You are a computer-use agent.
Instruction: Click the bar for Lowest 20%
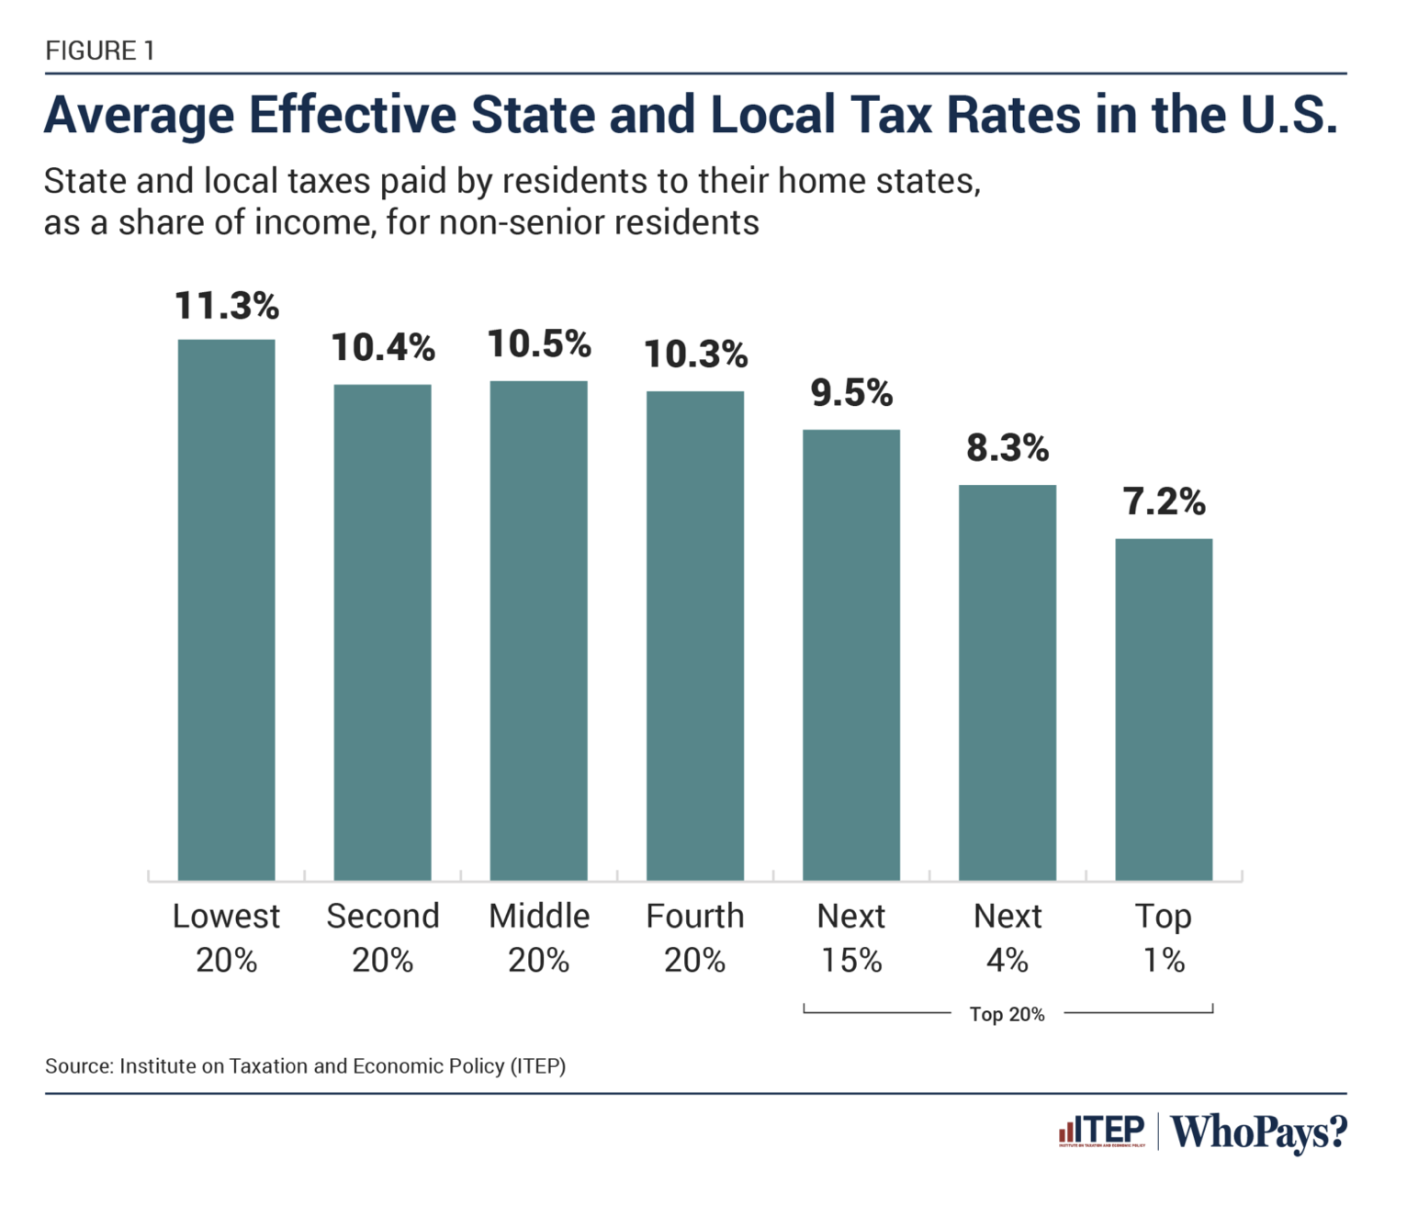pyautogui.click(x=226, y=610)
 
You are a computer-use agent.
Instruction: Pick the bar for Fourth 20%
pyautogui.click(x=694, y=636)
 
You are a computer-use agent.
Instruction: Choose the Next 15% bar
pyautogui.click(x=851, y=655)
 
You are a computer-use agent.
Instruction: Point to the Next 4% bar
pyautogui.click(x=1007, y=682)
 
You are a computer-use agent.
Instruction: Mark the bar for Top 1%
pyautogui.click(x=1164, y=709)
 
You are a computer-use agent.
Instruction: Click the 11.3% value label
pyautogui.click(x=226, y=306)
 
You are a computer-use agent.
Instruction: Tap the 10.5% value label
pyautogui.click(x=538, y=344)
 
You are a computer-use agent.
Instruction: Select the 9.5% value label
pyautogui.click(x=851, y=393)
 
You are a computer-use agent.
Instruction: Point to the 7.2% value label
pyautogui.click(x=1164, y=502)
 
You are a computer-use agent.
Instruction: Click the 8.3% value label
pyautogui.click(x=1007, y=448)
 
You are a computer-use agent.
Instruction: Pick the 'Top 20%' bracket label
pyautogui.click(x=1007, y=1014)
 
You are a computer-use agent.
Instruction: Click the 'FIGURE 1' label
pyautogui.click(x=100, y=51)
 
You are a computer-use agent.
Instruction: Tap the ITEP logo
pyautogui.click(x=1101, y=1131)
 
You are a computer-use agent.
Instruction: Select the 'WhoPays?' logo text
pyautogui.click(x=1258, y=1132)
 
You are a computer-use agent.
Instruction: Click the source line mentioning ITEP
pyautogui.click(x=305, y=1066)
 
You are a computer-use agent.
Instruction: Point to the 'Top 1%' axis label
pyautogui.click(x=1164, y=938)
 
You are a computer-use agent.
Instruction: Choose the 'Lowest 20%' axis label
pyautogui.click(x=226, y=938)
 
